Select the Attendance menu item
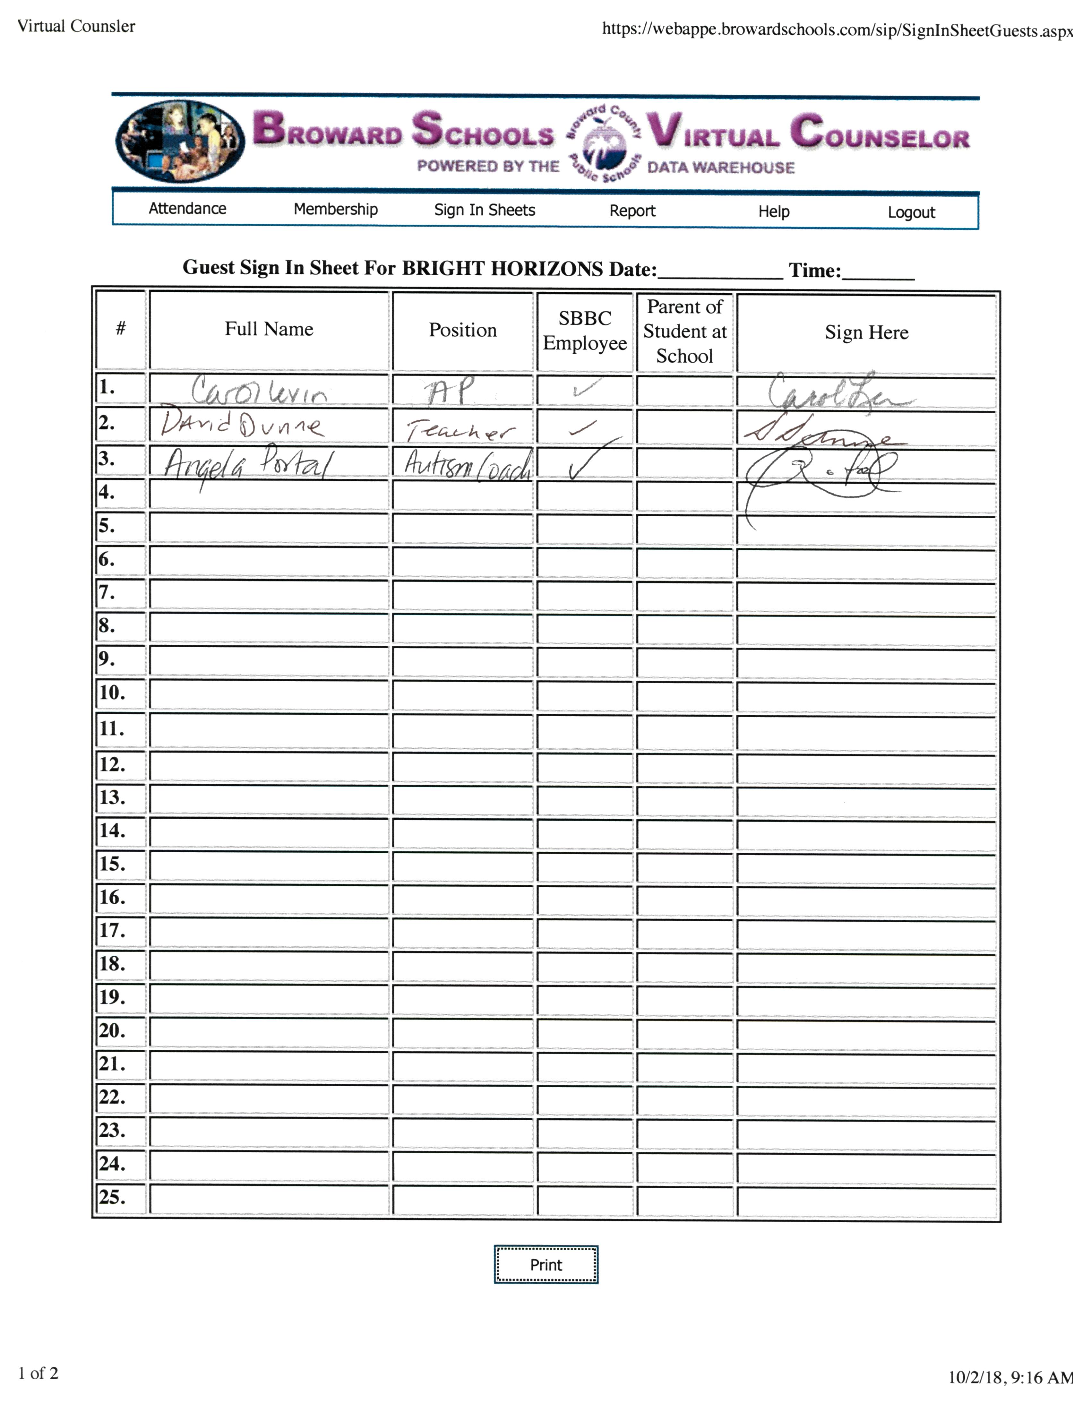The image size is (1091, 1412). pyautogui.click(x=187, y=208)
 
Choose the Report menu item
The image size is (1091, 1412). pyautogui.click(x=632, y=211)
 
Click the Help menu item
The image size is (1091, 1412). pyautogui.click(x=774, y=211)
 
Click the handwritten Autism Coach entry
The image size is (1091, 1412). pyautogui.click(x=467, y=464)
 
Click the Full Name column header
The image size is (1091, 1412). pyautogui.click(x=269, y=329)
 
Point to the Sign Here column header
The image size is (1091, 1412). pyautogui.click(x=866, y=332)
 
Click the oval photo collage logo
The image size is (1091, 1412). pyautogui.click(x=180, y=141)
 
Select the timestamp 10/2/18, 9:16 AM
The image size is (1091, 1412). pyautogui.click(x=1010, y=1377)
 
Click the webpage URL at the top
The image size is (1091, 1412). pyautogui.click(x=837, y=30)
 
